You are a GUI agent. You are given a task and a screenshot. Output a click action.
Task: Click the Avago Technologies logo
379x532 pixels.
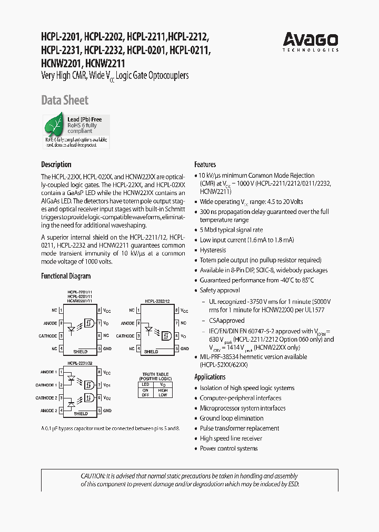pos(311,42)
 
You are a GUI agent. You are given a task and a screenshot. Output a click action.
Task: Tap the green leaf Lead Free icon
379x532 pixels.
pos(55,128)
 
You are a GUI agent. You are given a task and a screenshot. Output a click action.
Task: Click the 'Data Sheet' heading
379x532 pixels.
pos(65,100)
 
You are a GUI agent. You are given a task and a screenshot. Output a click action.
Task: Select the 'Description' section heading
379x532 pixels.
pos(56,165)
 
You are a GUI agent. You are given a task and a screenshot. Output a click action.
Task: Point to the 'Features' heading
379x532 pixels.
pos(205,165)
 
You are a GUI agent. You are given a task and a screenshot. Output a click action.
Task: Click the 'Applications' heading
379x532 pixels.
pos(210,377)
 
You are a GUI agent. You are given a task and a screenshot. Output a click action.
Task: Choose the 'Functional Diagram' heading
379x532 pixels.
pos(66,276)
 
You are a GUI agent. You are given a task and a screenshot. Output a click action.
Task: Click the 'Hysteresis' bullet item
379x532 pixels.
pos(213,250)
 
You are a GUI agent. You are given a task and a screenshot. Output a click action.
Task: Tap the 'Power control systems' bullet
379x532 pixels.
pos(228,448)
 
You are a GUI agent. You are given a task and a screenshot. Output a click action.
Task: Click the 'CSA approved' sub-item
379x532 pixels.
pos(227,321)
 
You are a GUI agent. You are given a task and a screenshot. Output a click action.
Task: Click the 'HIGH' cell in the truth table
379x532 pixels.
pos(162,390)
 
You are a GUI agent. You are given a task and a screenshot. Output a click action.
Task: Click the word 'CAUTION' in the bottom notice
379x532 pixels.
pos(93,476)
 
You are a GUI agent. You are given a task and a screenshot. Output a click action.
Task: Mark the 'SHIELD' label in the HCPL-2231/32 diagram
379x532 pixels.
pos(81,414)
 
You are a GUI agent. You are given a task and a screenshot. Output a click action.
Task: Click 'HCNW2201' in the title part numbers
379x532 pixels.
pos(61,63)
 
